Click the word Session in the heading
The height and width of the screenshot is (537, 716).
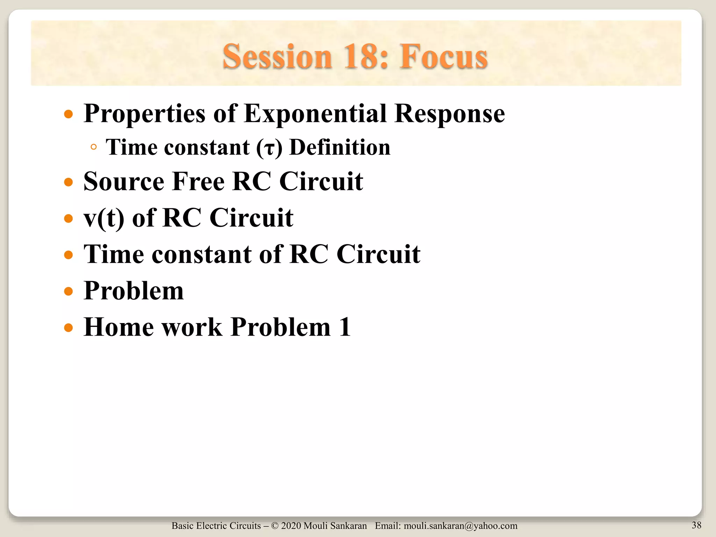point(277,57)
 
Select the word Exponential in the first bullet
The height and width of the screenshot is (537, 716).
point(315,114)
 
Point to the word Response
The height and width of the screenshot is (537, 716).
point(449,114)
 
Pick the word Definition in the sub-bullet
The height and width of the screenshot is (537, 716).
point(340,147)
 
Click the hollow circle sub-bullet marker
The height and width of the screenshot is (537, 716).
point(93,147)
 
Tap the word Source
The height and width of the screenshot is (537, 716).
point(124,181)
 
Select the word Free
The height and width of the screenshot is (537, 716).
point(198,181)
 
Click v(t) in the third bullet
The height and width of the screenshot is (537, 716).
point(104,218)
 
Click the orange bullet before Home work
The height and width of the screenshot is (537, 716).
point(69,328)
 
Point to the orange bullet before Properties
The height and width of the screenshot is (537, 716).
point(69,114)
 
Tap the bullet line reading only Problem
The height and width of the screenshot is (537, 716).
point(134,291)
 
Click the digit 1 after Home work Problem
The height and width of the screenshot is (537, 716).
point(345,327)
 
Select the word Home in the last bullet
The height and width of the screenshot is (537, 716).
point(119,327)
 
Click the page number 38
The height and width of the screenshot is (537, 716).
point(696,525)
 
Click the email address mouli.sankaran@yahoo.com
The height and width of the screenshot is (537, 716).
point(460,526)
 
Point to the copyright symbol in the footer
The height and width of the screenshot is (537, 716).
point(274,526)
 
